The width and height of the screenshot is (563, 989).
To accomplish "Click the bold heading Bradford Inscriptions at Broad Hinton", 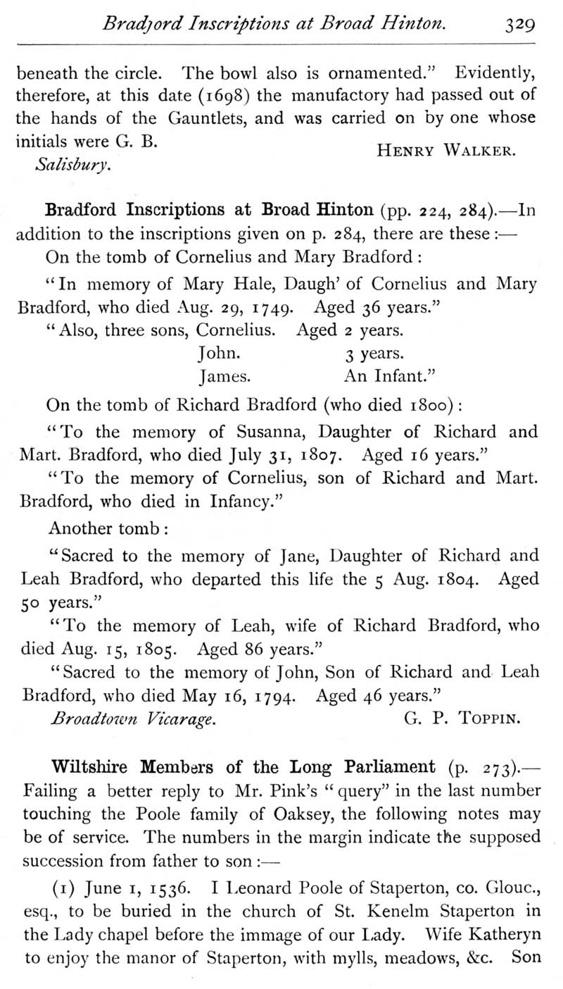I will [209, 210].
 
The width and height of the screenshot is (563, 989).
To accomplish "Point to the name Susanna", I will [267, 432].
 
